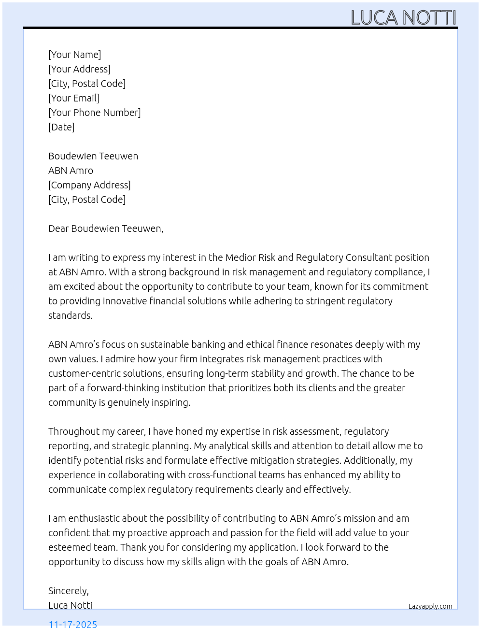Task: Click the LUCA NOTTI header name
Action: tap(403, 17)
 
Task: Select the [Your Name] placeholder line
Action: tap(75, 55)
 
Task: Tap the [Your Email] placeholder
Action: tap(74, 98)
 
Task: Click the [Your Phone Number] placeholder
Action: tap(95, 113)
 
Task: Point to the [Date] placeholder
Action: tap(61, 127)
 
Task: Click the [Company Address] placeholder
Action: tap(89, 185)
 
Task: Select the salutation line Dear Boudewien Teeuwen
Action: tap(106, 228)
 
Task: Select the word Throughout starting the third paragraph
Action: tap(72, 431)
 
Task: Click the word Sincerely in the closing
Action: tap(68, 591)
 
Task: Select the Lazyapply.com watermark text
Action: tap(430, 606)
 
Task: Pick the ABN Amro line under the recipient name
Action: tap(71, 171)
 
